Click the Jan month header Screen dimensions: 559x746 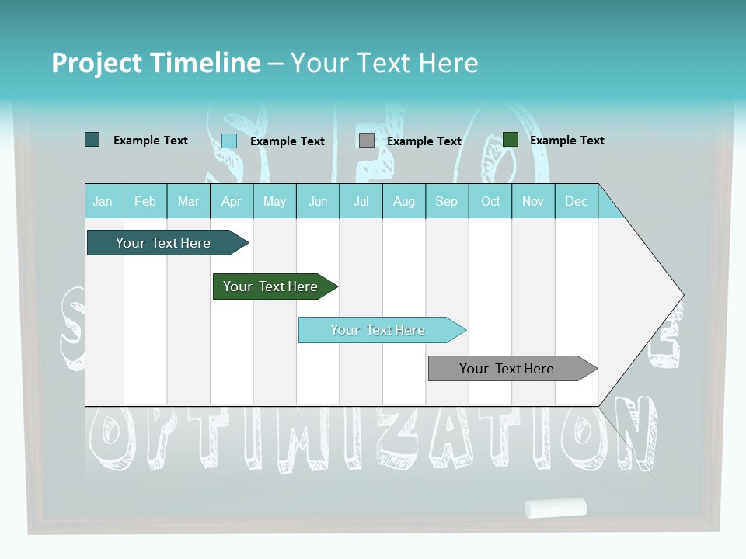coord(103,201)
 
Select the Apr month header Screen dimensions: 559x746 coord(232,201)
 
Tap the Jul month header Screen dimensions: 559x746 coord(361,201)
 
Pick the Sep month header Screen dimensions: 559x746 coord(446,201)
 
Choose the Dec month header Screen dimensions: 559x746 coord(576,201)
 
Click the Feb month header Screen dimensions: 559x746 coord(145,201)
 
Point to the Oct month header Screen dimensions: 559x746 coord(490,201)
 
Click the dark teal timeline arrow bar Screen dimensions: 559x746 coord(163,243)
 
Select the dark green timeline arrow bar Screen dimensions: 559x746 coord(270,286)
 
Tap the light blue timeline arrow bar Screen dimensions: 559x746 coord(378,330)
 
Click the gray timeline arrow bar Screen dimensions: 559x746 coord(507,369)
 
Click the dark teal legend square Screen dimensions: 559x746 coord(92,140)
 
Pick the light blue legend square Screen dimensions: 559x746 coord(229,141)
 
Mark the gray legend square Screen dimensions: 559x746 coord(367,141)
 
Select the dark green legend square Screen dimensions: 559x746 coord(511,140)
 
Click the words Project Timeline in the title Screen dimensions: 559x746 coord(156,63)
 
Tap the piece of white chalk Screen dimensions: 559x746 coord(555,508)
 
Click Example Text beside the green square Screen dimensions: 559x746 coord(566,141)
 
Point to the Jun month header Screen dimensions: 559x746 coord(318,201)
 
